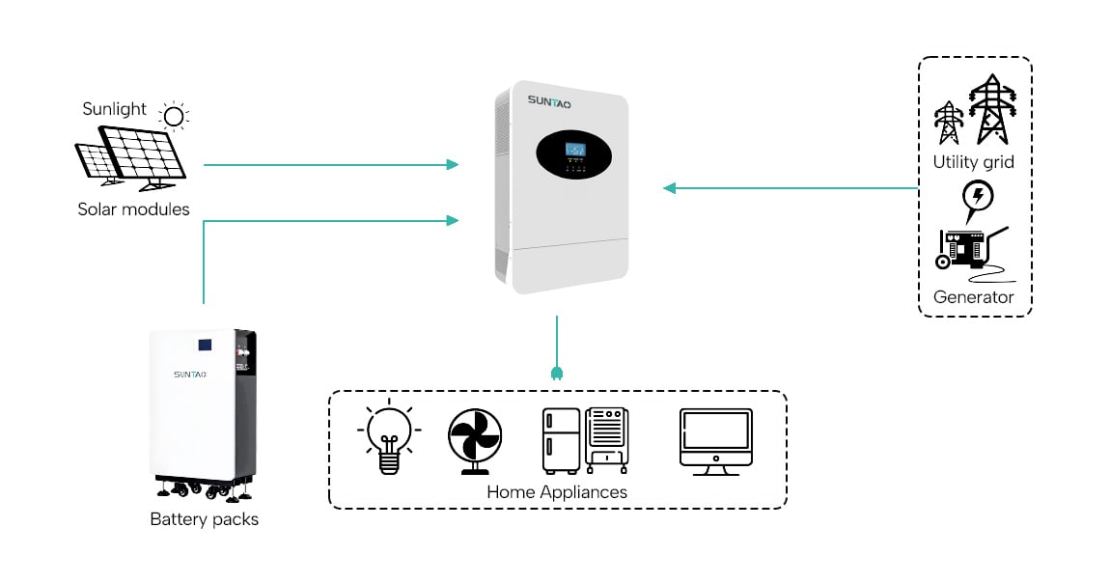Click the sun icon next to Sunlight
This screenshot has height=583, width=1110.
pyautogui.click(x=174, y=118)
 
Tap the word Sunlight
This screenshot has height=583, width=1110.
pyautogui.click(x=114, y=109)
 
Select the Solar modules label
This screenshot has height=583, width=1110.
pyautogui.click(x=133, y=208)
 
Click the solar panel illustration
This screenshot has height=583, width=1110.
pyautogui.click(x=130, y=156)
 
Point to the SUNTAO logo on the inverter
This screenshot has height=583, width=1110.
pyautogui.click(x=549, y=99)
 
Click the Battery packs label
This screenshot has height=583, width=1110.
pyautogui.click(x=204, y=519)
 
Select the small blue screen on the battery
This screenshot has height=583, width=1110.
pyautogui.click(x=205, y=344)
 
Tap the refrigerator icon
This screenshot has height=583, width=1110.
pyautogui.click(x=561, y=440)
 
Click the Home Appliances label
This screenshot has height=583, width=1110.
pyautogui.click(x=556, y=492)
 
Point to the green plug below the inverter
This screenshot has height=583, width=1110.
pyautogui.click(x=557, y=373)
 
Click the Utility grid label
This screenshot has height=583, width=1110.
pyautogui.click(x=973, y=162)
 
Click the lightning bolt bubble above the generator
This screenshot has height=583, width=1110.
pyautogui.click(x=979, y=196)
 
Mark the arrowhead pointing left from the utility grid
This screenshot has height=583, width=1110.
pyautogui.click(x=669, y=188)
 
